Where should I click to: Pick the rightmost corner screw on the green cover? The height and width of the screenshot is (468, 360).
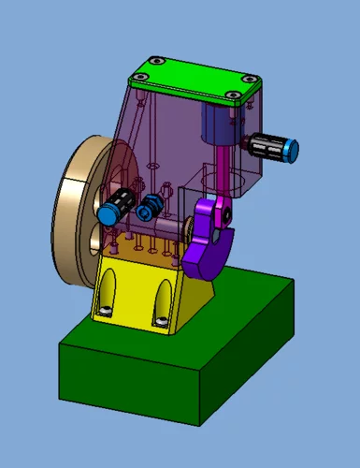[x=250, y=80]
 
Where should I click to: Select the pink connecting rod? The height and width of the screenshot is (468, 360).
[x=222, y=168]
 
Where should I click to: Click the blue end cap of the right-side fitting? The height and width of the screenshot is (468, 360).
[x=292, y=148]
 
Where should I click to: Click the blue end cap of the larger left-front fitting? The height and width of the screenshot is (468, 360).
[x=109, y=214]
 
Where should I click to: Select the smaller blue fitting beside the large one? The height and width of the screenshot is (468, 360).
[x=145, y=212]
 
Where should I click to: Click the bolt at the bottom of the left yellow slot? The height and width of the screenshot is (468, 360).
[x=108, y=310]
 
